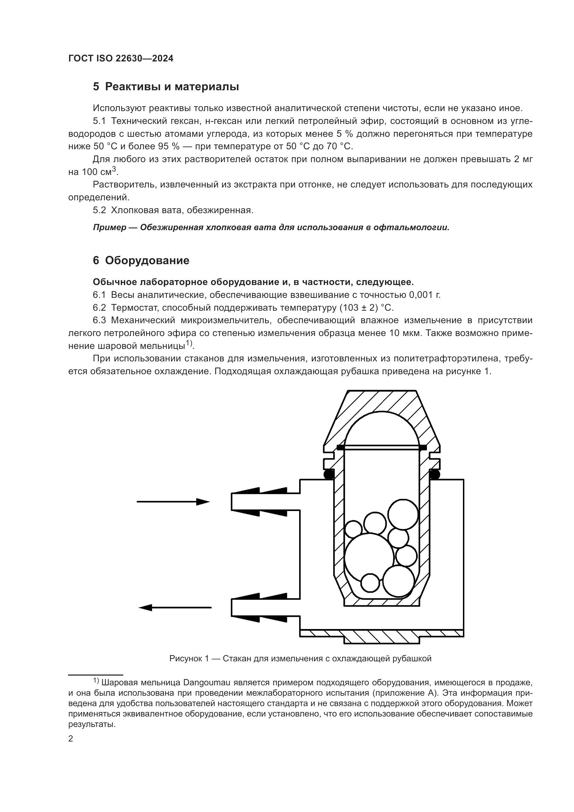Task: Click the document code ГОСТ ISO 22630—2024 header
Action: coord(120,59)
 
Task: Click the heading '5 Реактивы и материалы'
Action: coord(166,87)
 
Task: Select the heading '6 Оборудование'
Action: coord(141,261)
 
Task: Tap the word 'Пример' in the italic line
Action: coord(110,227)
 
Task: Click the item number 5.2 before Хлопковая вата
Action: coord(99,210)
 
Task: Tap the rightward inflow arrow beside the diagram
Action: coord(173,502)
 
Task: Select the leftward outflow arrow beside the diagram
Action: coord(175,608)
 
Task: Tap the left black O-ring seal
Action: coord(329,475)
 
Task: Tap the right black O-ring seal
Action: coord(434,475)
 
